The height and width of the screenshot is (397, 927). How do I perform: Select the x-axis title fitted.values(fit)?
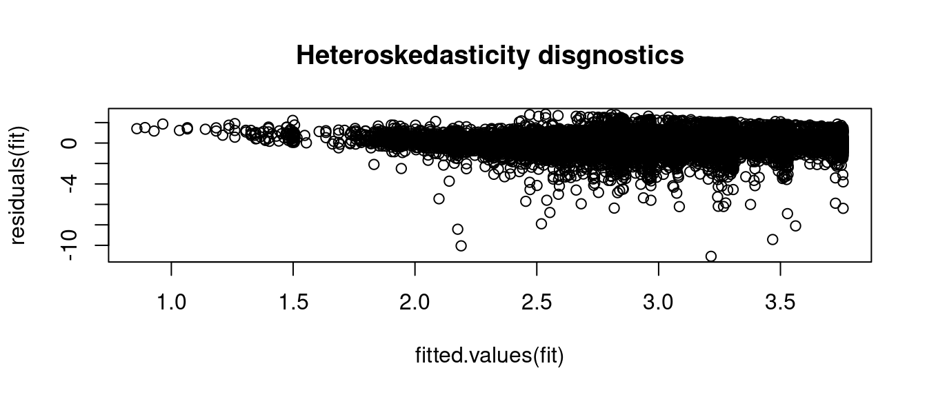pyautogui.click(x=490, y=356)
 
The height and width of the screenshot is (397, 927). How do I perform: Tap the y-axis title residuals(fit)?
pyautogui.click(x=18, y=185)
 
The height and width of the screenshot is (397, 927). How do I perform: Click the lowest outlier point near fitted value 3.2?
pyautogui.click(x=711, y=256)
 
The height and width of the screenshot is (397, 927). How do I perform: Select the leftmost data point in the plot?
pyautogui.click(x=137, y=129)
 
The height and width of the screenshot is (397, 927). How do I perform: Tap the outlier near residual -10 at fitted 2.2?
pyautogui.click(x=461, y=245)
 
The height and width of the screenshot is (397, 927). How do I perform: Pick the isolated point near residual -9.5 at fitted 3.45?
pyautogui.click(x=772, y=239)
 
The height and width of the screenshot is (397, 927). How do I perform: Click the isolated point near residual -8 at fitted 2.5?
pyautogui.click(x=541, y=223)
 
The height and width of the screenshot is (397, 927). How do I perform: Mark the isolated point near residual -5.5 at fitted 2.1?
pyautogui.click(x=439, y=198)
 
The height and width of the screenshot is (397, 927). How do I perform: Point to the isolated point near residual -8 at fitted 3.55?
pyautogui.click(x=795, y=225)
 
